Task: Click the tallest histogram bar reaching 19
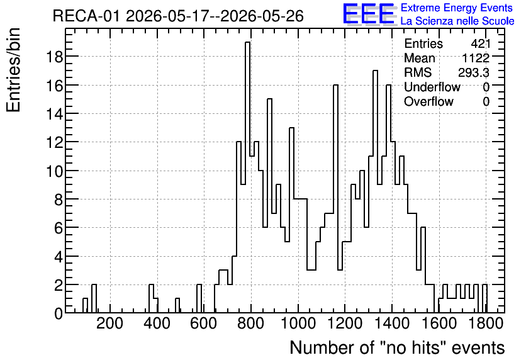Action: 247,177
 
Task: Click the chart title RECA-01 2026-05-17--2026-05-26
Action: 178,16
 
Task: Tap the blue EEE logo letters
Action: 369,14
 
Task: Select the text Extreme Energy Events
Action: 457,8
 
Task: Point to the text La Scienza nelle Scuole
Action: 457,21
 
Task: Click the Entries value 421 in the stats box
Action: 480,43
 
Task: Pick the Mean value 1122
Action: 476,58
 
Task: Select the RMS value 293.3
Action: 474,72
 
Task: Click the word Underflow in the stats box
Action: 432,87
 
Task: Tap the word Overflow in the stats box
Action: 428,101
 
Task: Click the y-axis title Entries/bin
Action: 13,70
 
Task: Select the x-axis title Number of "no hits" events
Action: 397,347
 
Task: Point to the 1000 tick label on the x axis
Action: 298,323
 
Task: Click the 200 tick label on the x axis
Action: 109,323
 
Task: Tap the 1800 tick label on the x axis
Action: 486,323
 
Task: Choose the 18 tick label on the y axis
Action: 54,57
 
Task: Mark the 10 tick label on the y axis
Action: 54,171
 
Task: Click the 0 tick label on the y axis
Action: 59,313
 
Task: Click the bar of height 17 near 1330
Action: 376,191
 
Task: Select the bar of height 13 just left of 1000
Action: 291,220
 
